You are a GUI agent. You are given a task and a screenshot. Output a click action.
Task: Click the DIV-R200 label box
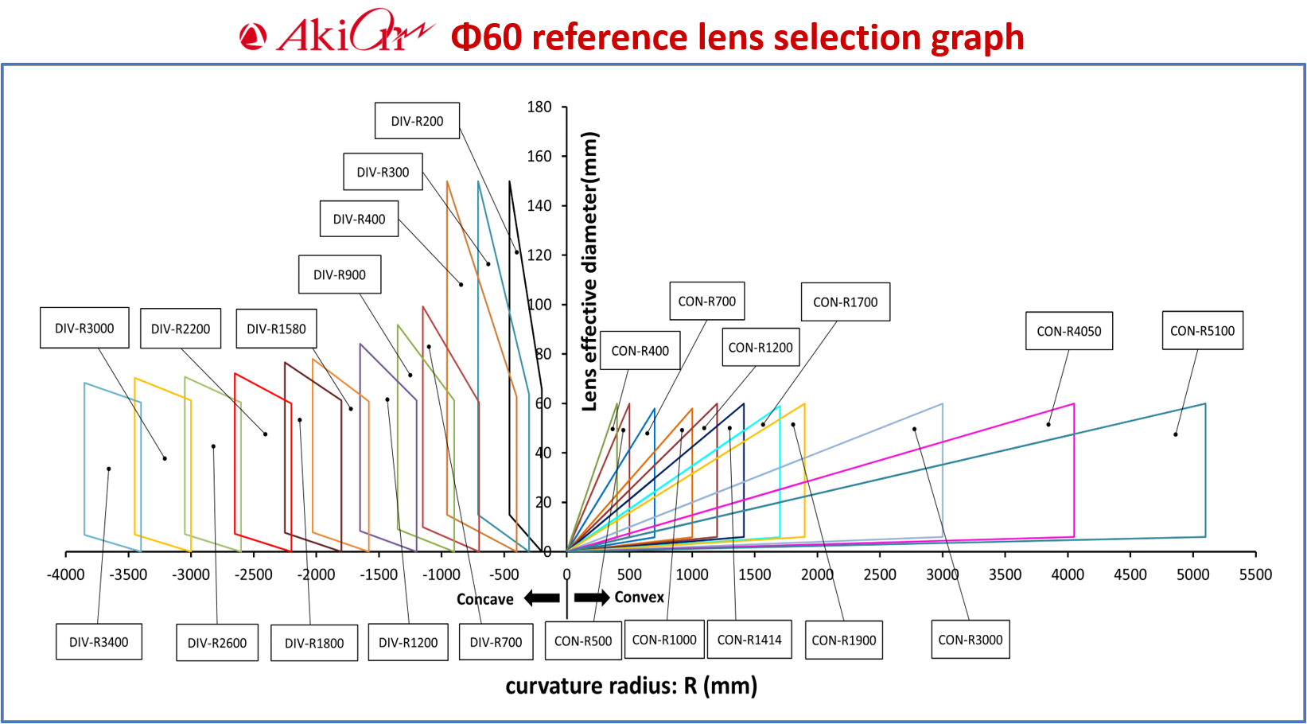[x=417, y=121]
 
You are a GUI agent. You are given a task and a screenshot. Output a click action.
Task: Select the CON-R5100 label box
[x=1202, y=330]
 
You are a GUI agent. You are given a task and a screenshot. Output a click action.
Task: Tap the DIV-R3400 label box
[x=99, y=642]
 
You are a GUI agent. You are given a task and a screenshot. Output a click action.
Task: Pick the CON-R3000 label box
[x=970, y=640]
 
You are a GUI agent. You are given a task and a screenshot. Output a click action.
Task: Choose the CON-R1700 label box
[x=845, y=302]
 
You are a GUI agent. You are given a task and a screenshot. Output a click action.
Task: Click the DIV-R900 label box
[x=340, y=274]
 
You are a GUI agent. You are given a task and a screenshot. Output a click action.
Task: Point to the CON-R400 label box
[x=640, y=350]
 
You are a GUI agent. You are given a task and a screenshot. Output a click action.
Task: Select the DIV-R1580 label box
[x=276, y=329]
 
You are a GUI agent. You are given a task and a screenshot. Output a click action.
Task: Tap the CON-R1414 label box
[x=749, y=640]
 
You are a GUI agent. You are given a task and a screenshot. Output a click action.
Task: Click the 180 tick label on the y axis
[x=539, y=107]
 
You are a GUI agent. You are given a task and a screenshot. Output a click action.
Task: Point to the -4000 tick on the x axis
[x=65, y=574]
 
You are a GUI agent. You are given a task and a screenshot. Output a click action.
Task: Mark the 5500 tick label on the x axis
[x=1255, y=574]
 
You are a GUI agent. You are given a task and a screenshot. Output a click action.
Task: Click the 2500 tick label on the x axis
[x=880, y=574]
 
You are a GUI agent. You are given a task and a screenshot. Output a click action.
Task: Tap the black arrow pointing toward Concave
[x=542, y=598]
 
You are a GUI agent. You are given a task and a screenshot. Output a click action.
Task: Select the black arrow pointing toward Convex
[x=591, y=597]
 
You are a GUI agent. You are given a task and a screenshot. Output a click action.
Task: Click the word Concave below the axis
[x=484, y=599]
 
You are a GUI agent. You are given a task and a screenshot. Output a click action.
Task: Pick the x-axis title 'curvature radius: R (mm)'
[x=631, y=686]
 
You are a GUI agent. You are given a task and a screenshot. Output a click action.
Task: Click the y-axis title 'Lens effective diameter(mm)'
[x=589, y=271]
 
